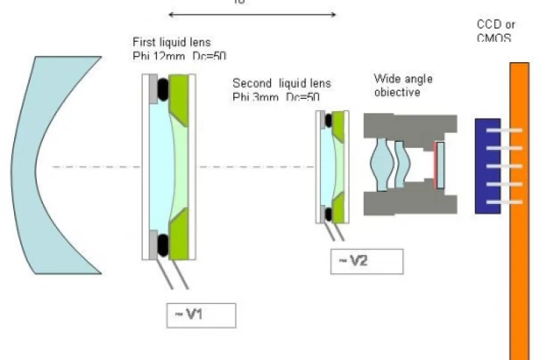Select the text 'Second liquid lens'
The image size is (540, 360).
[281, 82]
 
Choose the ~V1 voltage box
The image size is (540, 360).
[201, 315]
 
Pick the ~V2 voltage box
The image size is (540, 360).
[366, 260]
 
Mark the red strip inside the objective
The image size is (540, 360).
[435, 165]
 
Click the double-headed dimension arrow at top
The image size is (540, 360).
[253, 13]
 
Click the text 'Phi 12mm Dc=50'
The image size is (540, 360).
[178, 55]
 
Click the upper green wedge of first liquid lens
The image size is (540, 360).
[180, 94]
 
